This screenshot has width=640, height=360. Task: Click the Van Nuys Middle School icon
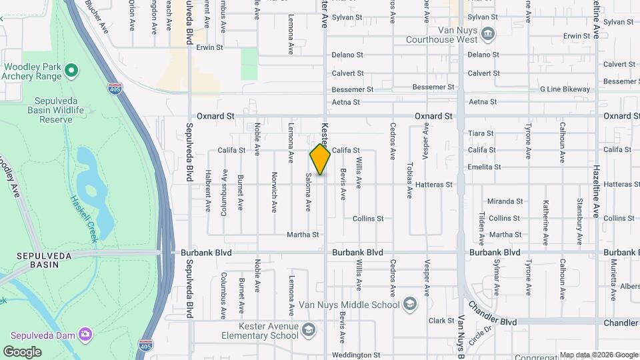coord(409,305)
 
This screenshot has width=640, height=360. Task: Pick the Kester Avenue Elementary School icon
coord(308,330)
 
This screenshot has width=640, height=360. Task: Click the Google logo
coord(23,351)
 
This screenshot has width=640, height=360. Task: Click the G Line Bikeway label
coord(565,89)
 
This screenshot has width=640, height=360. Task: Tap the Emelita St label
coord(484,167)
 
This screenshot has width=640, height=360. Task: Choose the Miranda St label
coord(505,201)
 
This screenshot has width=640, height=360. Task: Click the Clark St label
coord(441,321)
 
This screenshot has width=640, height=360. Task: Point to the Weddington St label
coord(355,355)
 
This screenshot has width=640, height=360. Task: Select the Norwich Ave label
coord(274,192)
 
